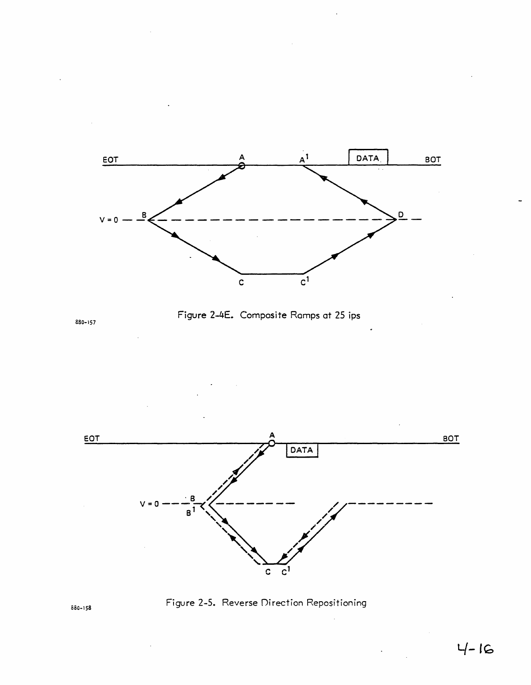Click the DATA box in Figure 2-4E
(368, 158)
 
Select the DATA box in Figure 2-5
(302, 450)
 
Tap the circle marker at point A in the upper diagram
(242, 165)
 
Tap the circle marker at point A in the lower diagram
(272, 443)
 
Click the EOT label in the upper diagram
(110, 160)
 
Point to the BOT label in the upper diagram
(433, 160)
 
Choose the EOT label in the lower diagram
(92, 438)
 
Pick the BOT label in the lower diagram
(451, 438)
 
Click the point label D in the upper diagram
(401, 214)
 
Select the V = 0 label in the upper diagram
(109, 220)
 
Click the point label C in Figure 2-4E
(241, 283)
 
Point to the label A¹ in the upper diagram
(304, 159)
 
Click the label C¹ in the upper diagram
(305, 282)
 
